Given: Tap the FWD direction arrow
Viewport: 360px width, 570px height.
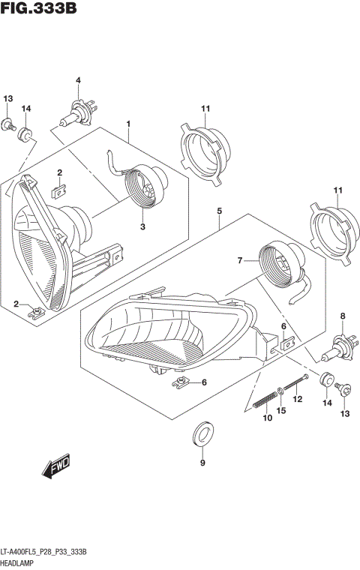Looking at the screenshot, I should pyautogui.click(x=57, y=467).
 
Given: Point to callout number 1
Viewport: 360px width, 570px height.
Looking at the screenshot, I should pyautogui.click(x=128, y=123).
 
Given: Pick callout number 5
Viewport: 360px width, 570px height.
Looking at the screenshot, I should pyautogui.click(x=219, y=212).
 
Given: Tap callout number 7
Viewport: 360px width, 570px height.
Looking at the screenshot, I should pyautogui.click(x=242, y=261).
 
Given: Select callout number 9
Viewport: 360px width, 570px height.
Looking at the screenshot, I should pyautogui.click(x=202, y=463).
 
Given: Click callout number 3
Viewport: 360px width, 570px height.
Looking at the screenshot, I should pyautogui.click(x=142, y=226).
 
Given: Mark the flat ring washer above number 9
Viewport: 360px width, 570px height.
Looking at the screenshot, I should pyautogui.click(x=202, y=433).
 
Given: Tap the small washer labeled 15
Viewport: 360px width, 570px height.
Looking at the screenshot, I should pyautogui.click(x=280, y=390).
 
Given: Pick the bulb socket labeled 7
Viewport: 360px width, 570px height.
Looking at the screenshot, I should pyautogui.click(x=279, y=265).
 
